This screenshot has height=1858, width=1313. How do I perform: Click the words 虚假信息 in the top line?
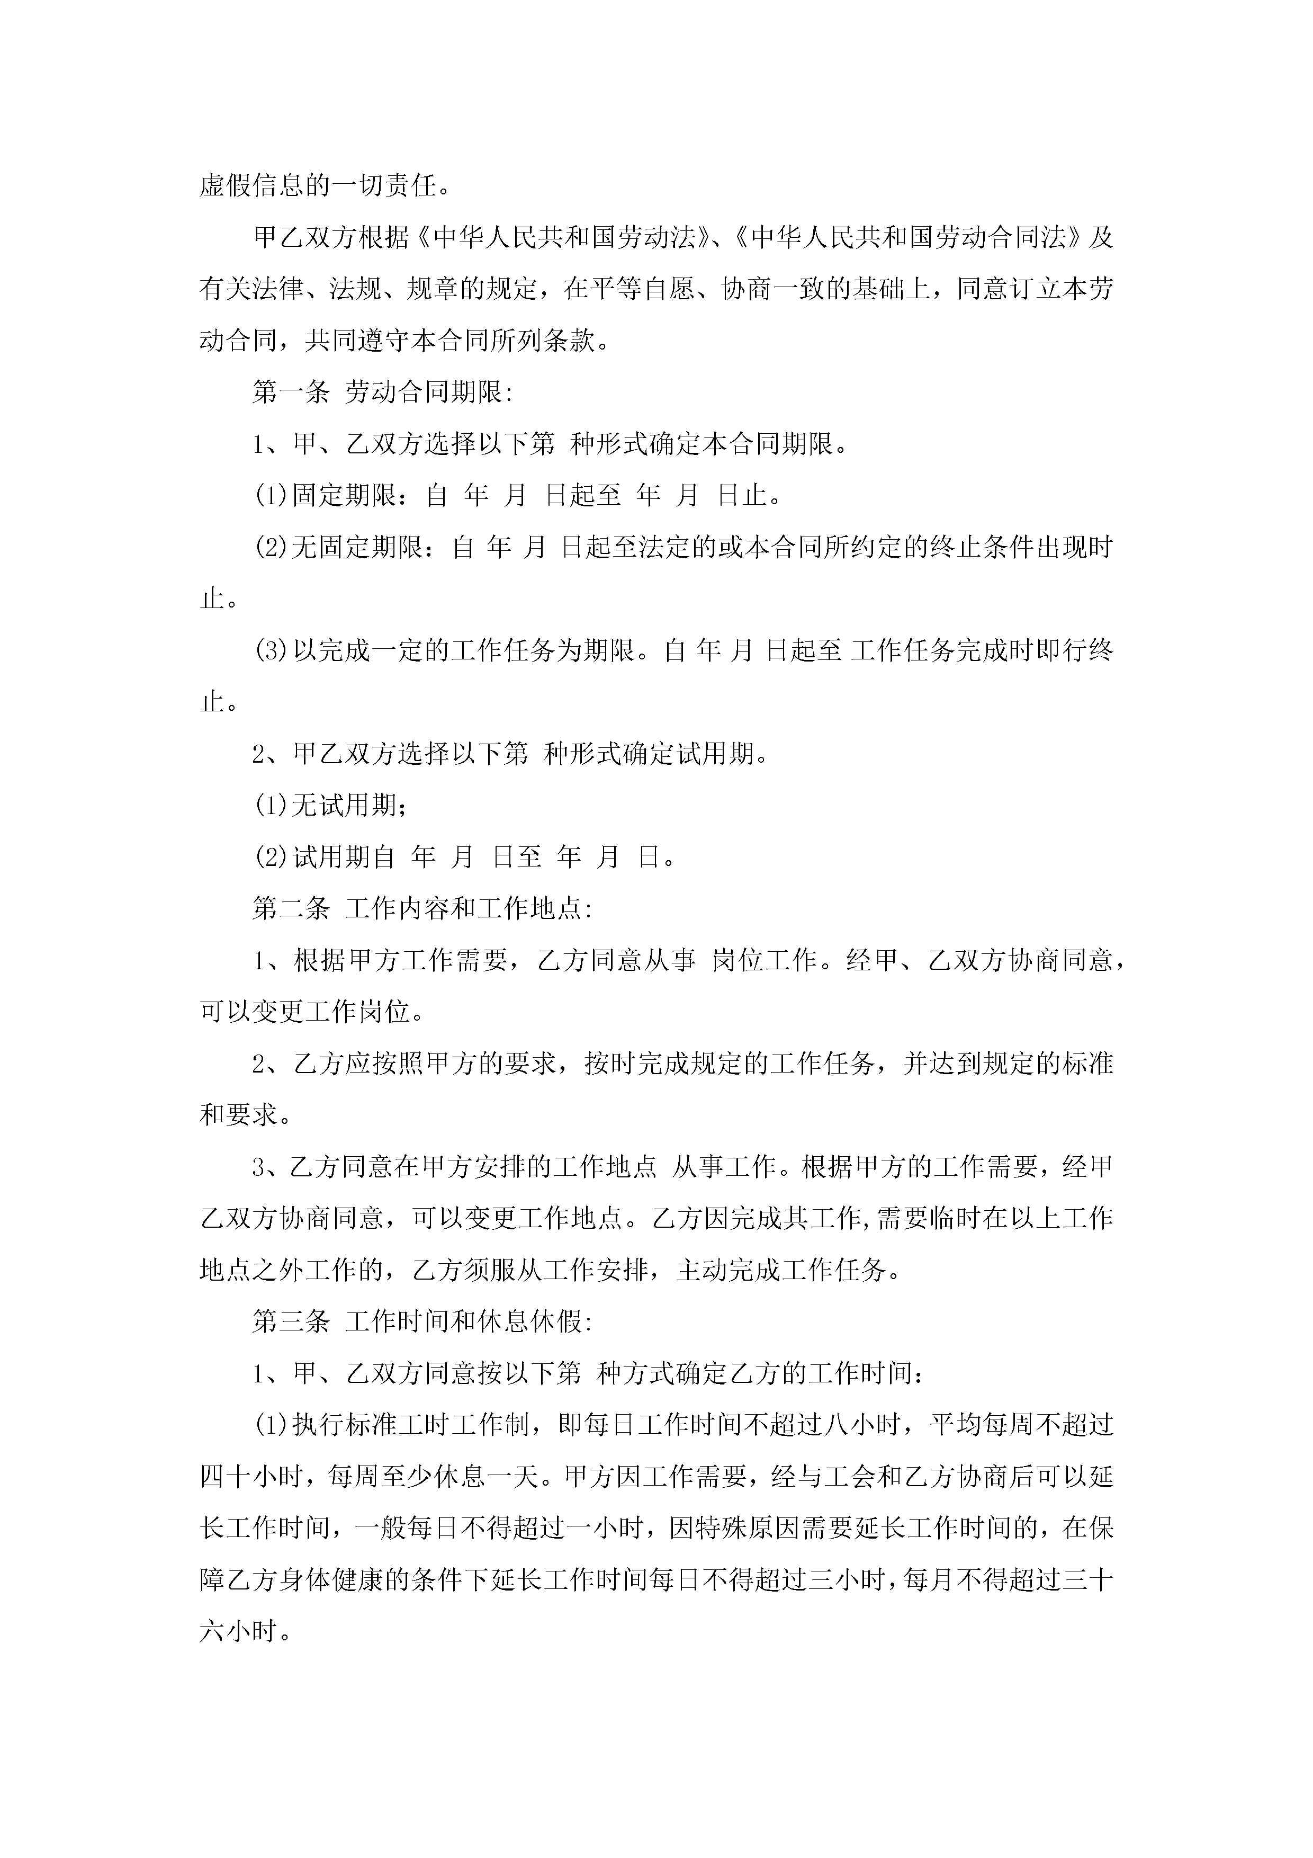251,186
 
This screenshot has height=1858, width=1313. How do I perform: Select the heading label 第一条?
291,392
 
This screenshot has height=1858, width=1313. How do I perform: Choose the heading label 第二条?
291,909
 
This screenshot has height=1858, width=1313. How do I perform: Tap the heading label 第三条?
291,1323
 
